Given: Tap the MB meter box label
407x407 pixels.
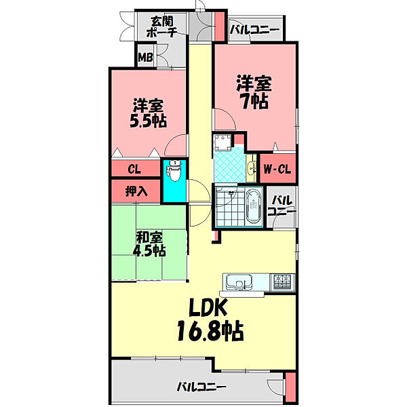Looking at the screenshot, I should (145, 57).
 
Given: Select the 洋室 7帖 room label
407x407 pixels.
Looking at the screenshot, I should (253, 92).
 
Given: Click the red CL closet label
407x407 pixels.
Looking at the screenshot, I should (134, 168).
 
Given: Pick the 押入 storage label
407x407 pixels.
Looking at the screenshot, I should (136, 191).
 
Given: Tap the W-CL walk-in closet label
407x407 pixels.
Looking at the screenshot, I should (278, 169).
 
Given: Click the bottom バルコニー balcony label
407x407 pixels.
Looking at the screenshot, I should (201, 387).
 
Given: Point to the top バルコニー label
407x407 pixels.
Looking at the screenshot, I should (254, 29).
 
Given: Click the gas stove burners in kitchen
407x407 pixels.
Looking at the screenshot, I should (282, 280).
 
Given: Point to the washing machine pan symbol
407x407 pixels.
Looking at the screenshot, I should (225, 142).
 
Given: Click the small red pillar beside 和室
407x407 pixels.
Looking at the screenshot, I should (216, 236).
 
